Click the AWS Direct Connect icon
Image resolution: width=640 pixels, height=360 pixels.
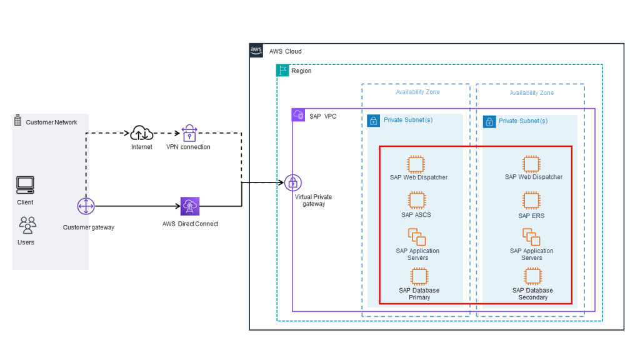click(x=189, y=206)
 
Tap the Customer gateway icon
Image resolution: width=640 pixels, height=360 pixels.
click(x=86, y=206)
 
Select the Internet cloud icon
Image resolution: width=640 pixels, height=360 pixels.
click(x=142, y=132)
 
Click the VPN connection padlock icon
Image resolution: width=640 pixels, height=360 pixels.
click(x=189, y=132)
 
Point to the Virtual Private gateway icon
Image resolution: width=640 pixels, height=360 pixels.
click(x=293, y=182)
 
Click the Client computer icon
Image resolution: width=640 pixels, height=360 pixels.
click(x=26, y=185)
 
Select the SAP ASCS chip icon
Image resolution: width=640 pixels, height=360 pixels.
click(x=416, y=201)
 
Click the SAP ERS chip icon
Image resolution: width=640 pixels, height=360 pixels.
click(x=531, y=201)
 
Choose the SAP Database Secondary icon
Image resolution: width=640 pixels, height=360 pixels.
click(x=532, y=276)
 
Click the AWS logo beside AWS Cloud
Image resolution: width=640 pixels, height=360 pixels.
click(x=256, y=51)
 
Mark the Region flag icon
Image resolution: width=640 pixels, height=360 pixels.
click(x=282, y=71)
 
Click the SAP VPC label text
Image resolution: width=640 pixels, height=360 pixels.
click(x=322, y=116)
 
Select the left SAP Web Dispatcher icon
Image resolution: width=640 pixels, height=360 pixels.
click(x=416, y=164)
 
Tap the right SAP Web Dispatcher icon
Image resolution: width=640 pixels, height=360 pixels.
click(x=531, y=164)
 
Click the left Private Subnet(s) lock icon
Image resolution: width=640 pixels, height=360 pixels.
click(x=373, y=121)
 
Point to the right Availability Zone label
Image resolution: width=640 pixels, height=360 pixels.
click(x=531, y=93)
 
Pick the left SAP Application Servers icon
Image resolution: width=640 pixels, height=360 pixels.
click(x=417, y=237)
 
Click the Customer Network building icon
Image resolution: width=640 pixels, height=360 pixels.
click(x=17, y=121)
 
